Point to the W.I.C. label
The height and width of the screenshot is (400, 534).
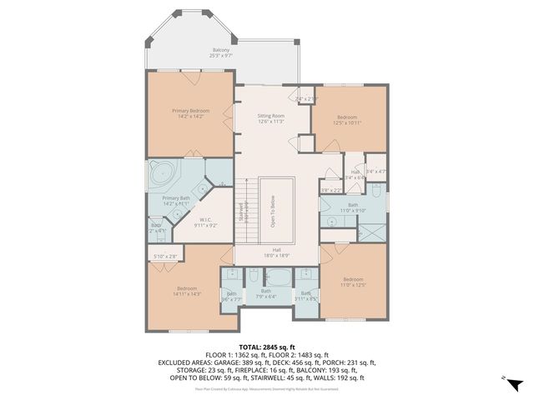[205, 222]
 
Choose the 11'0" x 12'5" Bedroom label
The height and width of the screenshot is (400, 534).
[353, 282]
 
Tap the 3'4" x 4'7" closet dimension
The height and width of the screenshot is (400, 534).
[376, 172]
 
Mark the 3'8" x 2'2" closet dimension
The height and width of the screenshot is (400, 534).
[330, 190]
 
